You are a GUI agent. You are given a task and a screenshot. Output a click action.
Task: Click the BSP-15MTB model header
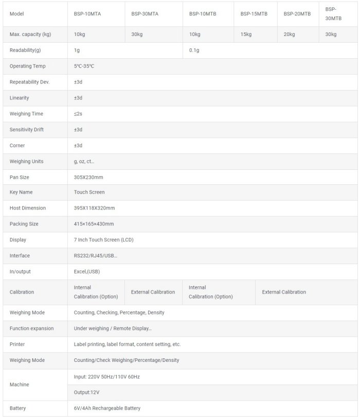click(x=254, y=14)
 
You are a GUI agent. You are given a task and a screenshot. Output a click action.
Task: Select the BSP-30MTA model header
click(x=145, y=14)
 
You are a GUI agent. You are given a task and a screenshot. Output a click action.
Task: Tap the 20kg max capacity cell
click(x=290, y=34)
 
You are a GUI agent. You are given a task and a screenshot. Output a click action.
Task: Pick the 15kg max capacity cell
click(x=246, y=34)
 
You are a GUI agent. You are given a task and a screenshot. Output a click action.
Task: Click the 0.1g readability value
click(x=194, y=50)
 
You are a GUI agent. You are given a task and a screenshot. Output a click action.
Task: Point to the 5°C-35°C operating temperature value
click(x=84, y=66)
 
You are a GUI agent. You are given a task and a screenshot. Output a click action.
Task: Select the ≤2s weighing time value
click(x=78, y=114)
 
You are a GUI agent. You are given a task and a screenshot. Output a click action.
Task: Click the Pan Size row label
click(x=20, y=177)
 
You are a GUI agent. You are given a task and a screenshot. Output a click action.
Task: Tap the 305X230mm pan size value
click(x=88, y=177)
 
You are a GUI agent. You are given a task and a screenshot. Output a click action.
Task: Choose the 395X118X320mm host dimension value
click(x=94, y=208)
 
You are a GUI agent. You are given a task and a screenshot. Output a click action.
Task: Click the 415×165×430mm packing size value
click(x=94, y=224)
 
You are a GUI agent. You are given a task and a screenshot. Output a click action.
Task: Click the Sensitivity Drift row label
click(x=27, y=130)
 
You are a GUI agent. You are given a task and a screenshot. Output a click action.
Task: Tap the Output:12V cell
click(x=86, y=392)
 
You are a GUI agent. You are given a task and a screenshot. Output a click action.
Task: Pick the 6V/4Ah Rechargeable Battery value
click(x=107, y=408)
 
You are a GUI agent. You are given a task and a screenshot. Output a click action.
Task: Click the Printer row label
click(x=17, y=344)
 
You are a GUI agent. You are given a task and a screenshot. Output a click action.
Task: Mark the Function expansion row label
click(x=31, y=328)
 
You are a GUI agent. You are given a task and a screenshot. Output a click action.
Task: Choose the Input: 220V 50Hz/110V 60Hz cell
click(x=106, y=377)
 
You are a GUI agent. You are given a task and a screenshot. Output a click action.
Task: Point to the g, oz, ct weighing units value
click(x=84, y=161)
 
